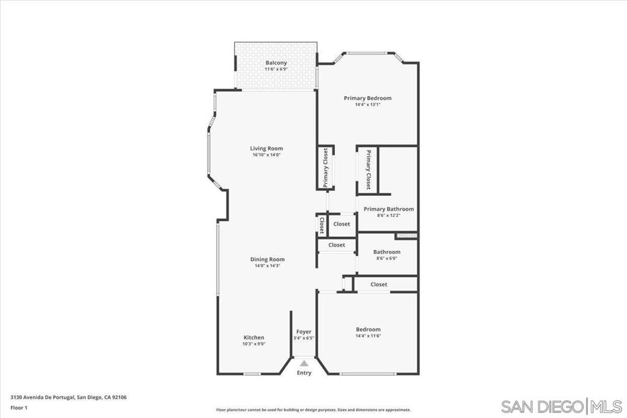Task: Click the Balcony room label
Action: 276,63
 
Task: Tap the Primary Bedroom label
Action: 367,98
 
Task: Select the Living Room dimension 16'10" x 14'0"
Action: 266,155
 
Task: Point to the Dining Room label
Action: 268,259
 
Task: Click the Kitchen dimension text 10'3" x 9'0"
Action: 254,344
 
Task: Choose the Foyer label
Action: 304,332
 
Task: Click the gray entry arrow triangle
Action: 304,364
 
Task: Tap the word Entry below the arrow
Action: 304,373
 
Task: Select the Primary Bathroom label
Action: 388,209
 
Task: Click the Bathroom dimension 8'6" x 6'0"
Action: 387,258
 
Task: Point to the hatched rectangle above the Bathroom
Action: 407,236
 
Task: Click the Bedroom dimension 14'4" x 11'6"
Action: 368,335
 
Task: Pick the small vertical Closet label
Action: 321,226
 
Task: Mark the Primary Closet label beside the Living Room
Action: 326,168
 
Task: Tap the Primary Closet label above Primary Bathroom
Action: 368,170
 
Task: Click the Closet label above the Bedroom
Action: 378,285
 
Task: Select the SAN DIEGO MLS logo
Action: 561,407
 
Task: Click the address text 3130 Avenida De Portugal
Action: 42,397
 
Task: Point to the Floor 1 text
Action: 19,408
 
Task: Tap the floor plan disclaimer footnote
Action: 313,409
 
